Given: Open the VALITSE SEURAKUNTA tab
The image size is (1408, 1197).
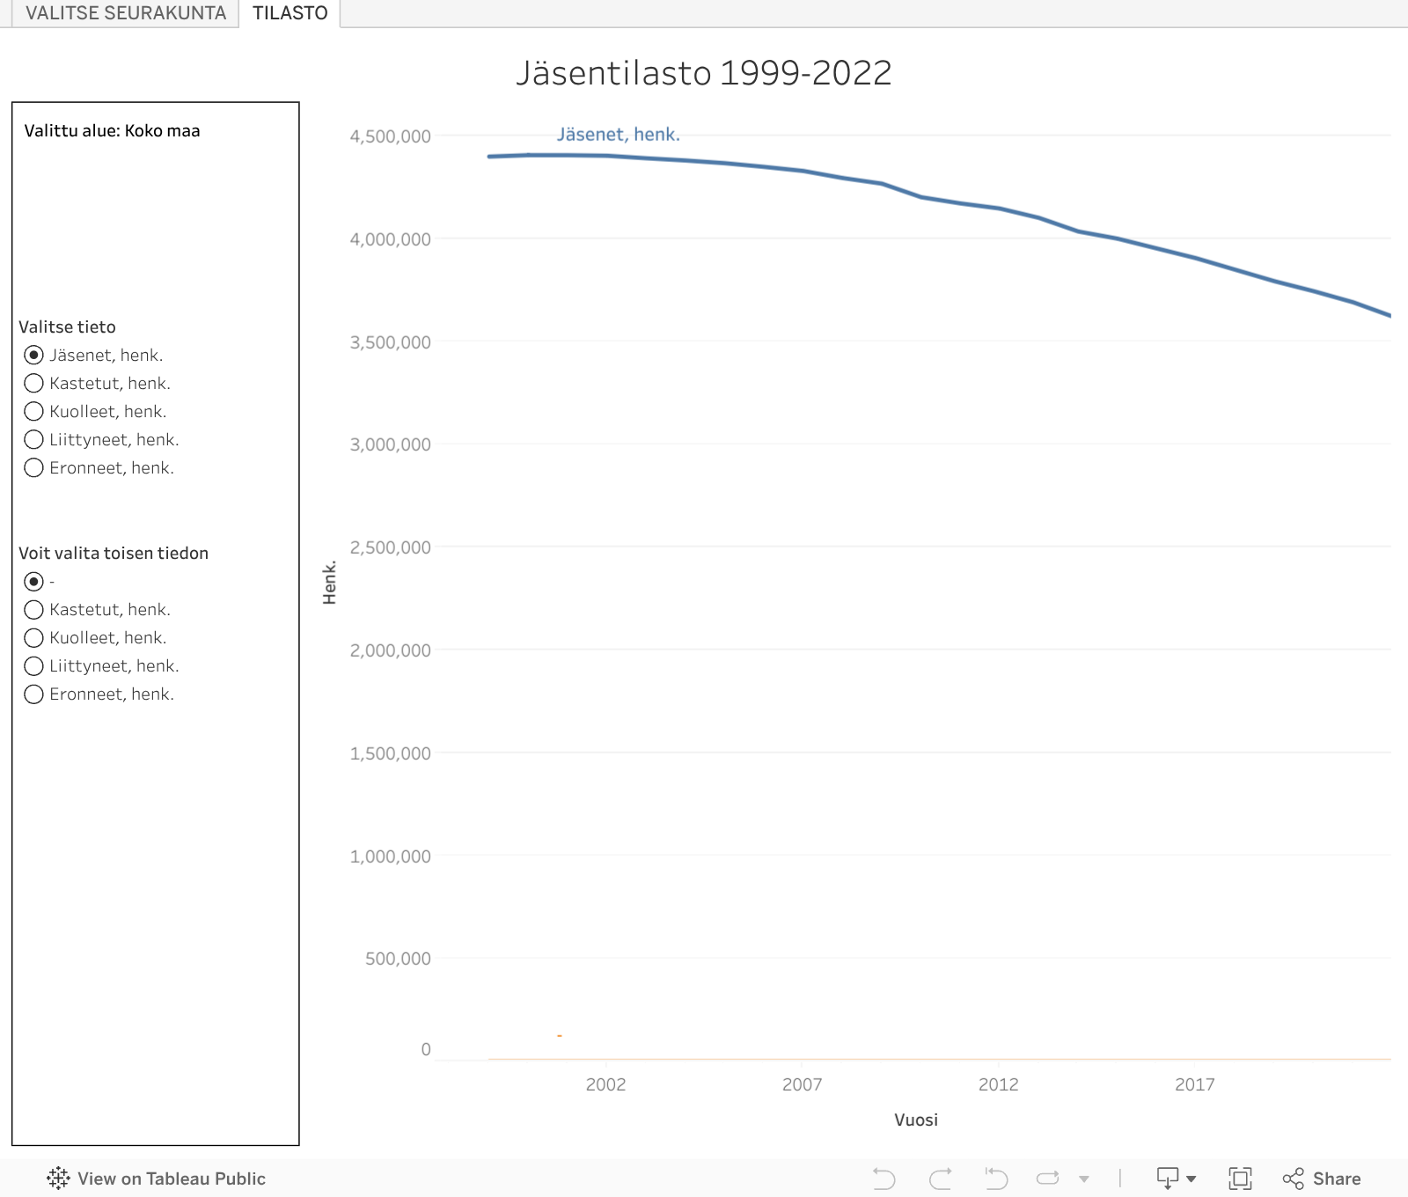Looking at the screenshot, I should [x=125, y=13].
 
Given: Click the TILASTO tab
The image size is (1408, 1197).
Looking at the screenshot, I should [x=290, y=13].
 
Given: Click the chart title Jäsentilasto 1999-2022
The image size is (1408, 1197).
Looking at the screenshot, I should [x=703, y=73].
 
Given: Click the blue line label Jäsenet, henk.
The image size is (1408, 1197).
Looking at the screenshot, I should [x=618, y=135].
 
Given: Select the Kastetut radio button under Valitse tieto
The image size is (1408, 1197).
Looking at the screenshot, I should [x=34, y=384].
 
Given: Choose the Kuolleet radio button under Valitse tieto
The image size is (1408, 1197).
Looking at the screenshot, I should [x=34, y=412].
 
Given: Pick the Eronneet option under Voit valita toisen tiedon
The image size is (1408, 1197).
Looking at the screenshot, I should [x=34, y=694].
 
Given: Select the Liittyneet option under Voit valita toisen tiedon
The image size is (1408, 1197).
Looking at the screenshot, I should [x=34, y=666].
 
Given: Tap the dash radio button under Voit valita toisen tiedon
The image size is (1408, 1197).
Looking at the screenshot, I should [x=34, y=582].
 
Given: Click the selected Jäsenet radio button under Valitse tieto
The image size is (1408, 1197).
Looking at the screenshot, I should [x=34, y=356].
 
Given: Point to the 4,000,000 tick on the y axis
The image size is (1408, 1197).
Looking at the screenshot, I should [x=390, y=239].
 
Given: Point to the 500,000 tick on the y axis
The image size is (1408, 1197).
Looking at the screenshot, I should [x=398, y=958].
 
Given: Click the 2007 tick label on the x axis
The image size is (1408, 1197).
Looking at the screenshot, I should [x=802, y=1084].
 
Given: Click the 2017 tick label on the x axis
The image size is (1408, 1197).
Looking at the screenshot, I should [x=1194, y=1084].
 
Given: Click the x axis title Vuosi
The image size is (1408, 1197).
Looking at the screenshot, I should [x=915, y=1120].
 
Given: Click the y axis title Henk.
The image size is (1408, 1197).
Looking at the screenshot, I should [x=330, y=583].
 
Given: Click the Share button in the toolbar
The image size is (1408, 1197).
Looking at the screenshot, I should [x=1322, y=1179].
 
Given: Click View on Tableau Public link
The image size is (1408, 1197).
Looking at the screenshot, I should [x=156, y=1179].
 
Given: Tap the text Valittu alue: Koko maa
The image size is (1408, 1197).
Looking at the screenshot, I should [x=113, y=131].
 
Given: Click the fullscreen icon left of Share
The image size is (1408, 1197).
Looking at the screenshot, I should [x=1240, y=1179].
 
